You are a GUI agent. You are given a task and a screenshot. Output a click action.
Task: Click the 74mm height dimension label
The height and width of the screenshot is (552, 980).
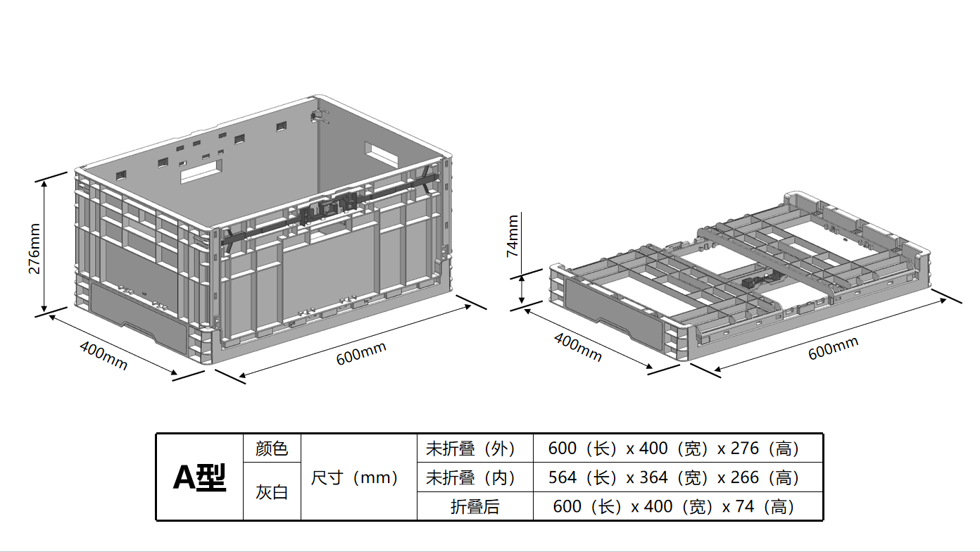pyautogui.click(x=513, y=236)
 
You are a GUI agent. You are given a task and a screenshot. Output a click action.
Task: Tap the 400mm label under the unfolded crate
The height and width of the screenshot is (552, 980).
pyautogui.click(x=103, y=355)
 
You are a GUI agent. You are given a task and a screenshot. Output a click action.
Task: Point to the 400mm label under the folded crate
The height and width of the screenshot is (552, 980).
pyautogui.click(x=578, y=347)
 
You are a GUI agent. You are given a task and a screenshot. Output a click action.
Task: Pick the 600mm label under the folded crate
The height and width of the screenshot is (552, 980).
pyautogui.click(x=833, y=348)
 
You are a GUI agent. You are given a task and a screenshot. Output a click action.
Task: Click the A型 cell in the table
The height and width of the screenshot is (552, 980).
pyautogui.click(x=200, y=477)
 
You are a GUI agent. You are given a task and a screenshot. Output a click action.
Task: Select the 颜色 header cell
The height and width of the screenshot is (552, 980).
pyautogui.click(x=272, y=448)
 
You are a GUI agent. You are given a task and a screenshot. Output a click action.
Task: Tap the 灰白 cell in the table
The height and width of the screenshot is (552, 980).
pyautogui.click(x=272, y=492)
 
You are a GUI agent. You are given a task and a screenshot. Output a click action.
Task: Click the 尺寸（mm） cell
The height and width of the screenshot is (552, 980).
pyautogui.click(x=358, y=477)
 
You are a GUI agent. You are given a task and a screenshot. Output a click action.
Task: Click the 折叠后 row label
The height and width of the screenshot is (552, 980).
pyautogui.click(x=475, y=506)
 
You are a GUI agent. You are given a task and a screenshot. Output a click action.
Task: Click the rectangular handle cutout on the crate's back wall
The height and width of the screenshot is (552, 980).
pyautogui.click(x=201, y=171)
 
